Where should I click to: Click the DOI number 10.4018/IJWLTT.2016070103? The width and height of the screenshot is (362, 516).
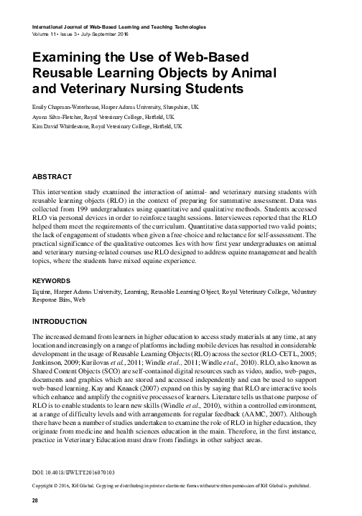73,474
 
